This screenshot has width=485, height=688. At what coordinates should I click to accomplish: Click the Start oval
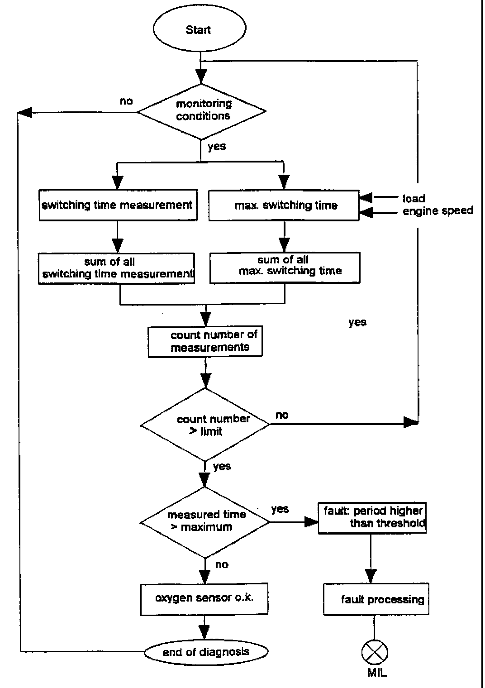(x=199, y=30)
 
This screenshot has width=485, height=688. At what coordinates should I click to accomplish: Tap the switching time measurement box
(x=118, y=205)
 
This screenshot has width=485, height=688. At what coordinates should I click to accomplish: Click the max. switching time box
(x=284, y=205)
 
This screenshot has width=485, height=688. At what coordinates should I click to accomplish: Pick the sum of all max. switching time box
(x=285, y=267)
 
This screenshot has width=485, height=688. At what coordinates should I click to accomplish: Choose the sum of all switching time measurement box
(x=117, y=268)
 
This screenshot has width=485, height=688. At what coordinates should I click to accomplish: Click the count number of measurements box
(x=205, y=342)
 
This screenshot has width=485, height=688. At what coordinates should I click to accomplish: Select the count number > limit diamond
(x=205, y=425)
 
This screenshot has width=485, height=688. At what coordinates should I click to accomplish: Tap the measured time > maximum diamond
(x=205, y=521)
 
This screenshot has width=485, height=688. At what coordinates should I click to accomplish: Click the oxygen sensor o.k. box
(x=204, y=599)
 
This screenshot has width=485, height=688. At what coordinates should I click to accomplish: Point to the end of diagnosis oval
(x=206, y=652)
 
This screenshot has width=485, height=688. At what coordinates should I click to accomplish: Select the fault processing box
(x=376, y=600)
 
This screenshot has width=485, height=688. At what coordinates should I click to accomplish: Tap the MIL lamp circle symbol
(x=375, y=652)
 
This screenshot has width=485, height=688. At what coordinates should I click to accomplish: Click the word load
(x=414, y=198)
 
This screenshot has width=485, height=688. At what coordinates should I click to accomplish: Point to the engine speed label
(x=437, y=210)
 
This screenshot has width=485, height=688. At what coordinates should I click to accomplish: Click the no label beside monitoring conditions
(x=126, y=101)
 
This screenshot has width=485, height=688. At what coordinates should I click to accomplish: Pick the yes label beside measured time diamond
(x=280, y=509)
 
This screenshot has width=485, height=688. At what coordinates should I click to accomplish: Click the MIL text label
(x=377, y=673)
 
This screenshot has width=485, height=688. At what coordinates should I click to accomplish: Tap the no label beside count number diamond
(x=282, y=415)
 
